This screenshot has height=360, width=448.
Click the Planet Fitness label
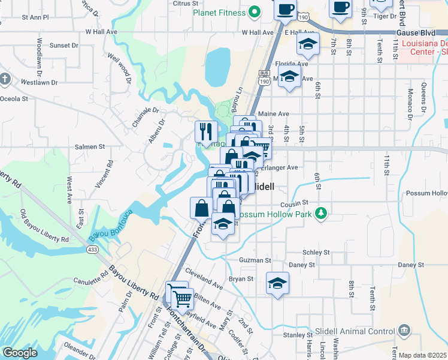click(x=219, y=13)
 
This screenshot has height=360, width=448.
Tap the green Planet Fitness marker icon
click(x=255, y=11)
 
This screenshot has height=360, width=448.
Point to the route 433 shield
click(x=92, y=249)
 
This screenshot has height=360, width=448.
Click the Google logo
click(x=19, y=353)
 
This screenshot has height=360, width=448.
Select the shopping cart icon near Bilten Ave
click(x=182, y=296)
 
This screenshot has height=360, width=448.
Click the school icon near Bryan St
click(x=277, y=283)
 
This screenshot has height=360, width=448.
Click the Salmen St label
click(x=90, y=146)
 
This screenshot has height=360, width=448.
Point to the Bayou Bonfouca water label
click(x=111, y=224)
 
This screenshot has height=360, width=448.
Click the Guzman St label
click(x=255, y=260)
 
